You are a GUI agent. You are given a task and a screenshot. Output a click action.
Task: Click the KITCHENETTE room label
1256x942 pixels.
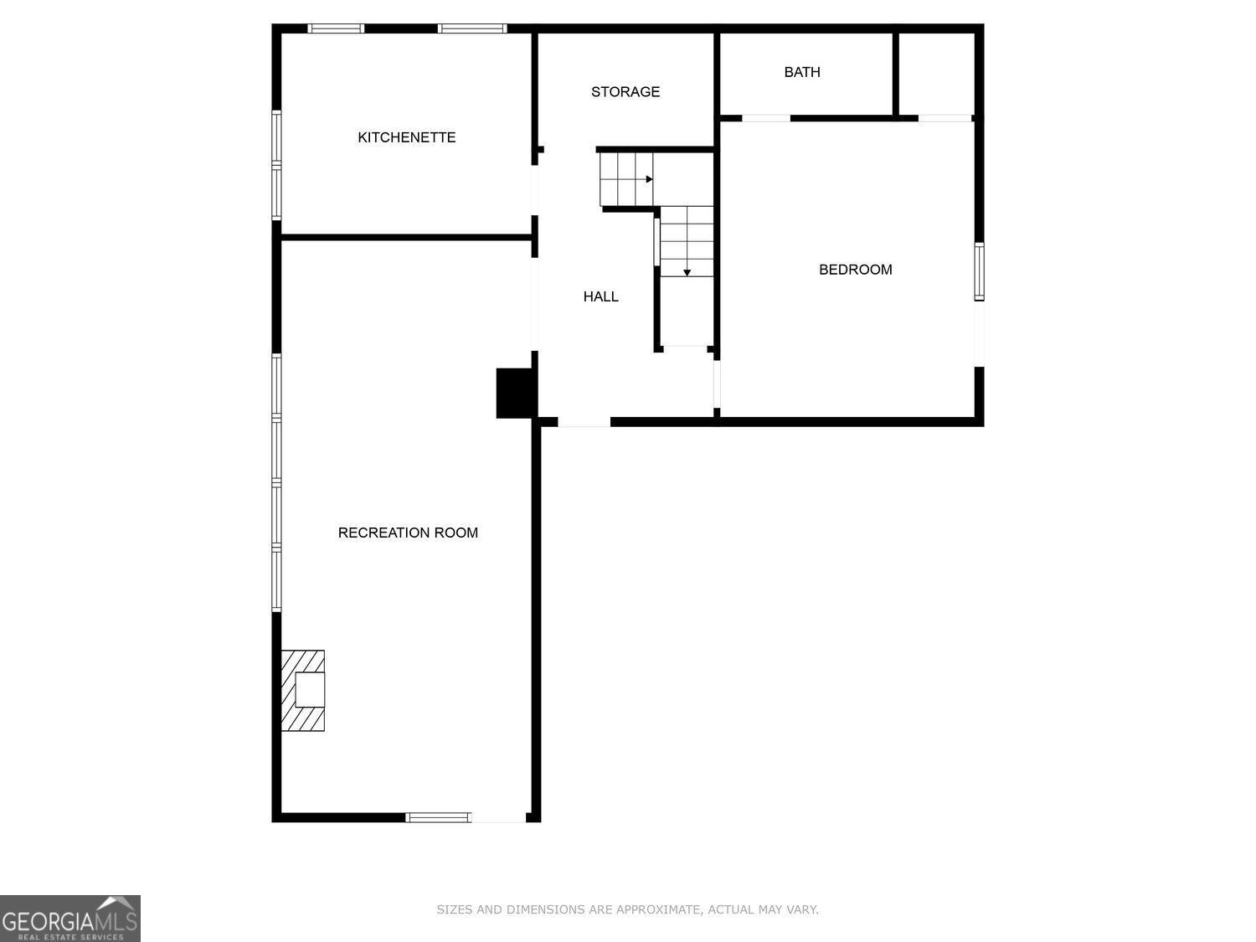pos(407,137)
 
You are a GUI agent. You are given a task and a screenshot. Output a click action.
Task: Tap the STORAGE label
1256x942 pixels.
pos(625,91)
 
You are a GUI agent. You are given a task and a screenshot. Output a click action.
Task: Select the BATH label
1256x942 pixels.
pos(802,72)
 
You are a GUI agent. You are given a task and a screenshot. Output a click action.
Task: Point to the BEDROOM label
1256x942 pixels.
pos(856,270)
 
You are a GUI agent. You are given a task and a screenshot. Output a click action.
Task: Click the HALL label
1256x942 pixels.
pos(601,296)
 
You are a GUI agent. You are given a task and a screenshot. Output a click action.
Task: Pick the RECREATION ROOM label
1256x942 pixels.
pos(408,533)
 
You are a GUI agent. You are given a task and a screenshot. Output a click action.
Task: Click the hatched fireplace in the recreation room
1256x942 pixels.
pos(303,690)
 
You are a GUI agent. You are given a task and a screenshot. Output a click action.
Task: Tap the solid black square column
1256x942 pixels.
pos(515,393)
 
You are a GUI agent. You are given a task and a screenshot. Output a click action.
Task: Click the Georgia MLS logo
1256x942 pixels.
pos(69,919)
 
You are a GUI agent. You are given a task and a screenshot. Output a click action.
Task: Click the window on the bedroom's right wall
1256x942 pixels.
pos(979,271)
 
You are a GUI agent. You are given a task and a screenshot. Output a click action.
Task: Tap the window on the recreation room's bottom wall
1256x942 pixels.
pos(438,817)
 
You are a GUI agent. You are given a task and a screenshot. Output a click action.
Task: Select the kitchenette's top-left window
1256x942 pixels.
pos(336,28)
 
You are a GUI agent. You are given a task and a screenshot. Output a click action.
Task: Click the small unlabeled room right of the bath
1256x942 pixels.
pos(936,75)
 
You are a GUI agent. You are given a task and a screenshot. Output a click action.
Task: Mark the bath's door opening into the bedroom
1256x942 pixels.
pos(766,118)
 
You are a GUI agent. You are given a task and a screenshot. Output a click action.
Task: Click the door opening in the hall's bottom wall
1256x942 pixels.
pos(584,422)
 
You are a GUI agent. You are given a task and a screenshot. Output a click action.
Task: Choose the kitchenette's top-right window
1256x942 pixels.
pos(472,28)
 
